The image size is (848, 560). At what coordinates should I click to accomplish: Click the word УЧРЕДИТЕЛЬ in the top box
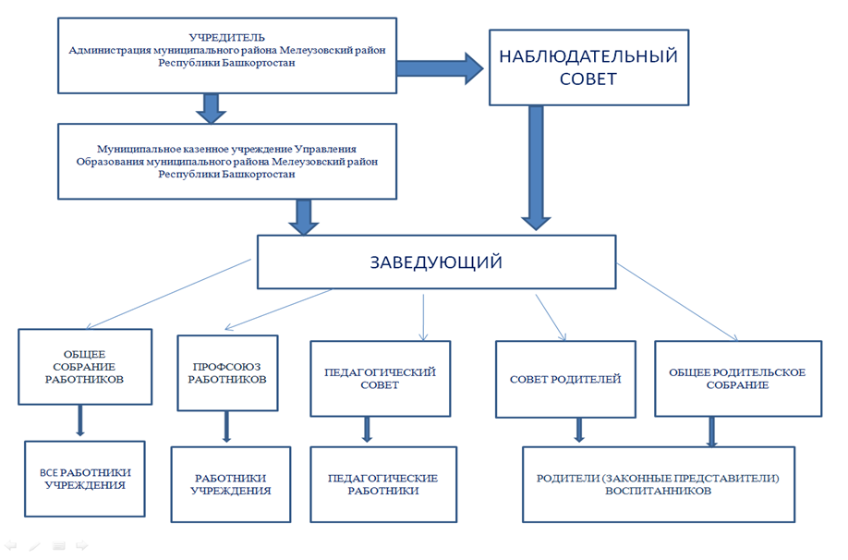226,37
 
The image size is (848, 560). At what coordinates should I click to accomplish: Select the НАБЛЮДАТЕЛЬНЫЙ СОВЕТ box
588,67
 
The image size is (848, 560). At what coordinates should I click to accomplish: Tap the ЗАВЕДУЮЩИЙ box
436,262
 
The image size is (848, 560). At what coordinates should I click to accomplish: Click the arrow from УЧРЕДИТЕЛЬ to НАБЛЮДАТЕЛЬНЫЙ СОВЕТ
440,68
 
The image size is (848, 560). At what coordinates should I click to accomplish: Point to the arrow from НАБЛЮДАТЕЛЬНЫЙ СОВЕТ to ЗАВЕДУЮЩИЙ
536,168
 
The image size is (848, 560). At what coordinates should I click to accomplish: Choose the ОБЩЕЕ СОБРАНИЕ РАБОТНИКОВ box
85,367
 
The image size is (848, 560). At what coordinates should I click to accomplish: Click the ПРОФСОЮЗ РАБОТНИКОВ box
227,373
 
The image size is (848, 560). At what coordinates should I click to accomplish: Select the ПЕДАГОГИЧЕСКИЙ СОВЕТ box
381,379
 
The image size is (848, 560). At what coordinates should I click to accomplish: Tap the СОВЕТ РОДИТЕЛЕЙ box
565,379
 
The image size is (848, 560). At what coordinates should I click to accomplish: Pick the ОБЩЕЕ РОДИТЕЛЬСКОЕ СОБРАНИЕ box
738,379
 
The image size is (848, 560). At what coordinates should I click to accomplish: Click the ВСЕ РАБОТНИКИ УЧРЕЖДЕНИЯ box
85,479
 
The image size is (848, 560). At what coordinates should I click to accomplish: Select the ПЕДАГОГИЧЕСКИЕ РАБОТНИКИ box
383,484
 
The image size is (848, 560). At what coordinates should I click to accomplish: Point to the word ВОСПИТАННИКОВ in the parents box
658,492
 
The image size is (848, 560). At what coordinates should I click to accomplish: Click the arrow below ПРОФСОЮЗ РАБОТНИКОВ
226,427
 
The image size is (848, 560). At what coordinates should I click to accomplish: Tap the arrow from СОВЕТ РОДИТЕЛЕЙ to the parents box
579,430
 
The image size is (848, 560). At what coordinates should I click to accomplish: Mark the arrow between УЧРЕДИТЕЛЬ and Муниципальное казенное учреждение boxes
211,109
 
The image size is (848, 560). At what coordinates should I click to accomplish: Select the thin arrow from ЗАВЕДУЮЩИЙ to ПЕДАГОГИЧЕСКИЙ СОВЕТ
423,318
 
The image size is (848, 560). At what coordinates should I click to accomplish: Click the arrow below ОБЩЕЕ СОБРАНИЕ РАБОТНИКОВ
80,420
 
